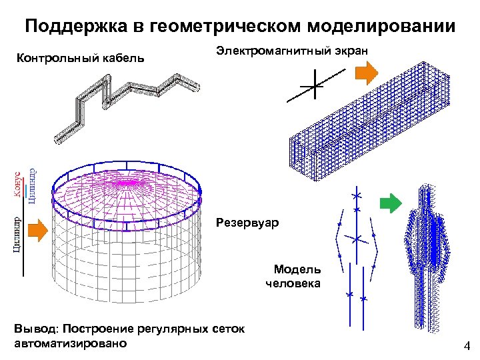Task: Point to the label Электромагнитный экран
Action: (293, 51)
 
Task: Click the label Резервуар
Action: (247, 221)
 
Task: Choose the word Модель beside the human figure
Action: (297, 269)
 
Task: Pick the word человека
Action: (293, 283)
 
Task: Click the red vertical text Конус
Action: (18, 181)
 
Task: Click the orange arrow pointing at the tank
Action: (39, 229)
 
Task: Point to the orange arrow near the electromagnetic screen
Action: (366, 73)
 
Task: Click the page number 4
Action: (467, 346)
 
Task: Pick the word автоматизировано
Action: (70, 343)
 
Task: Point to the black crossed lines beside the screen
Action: (311, 87)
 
